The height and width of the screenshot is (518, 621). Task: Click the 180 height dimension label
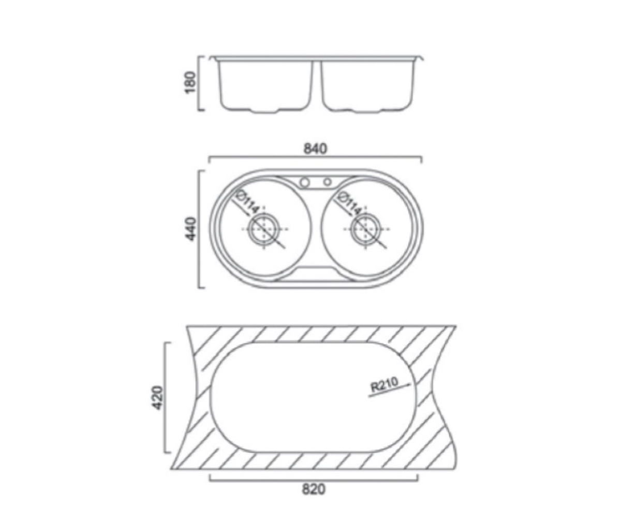click(x=190, y=82)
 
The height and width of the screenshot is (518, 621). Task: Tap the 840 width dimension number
click(x=315, y=149)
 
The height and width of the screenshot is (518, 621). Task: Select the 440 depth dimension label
click(x=190, y=229)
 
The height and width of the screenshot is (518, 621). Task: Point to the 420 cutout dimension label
click(x=157, y=397)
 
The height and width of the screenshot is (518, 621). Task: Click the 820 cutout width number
click(x=314, y=490)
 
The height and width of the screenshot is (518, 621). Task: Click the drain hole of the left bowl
click(x=264, y=229)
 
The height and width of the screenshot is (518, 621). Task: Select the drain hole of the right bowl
click(x=366, y=229)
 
